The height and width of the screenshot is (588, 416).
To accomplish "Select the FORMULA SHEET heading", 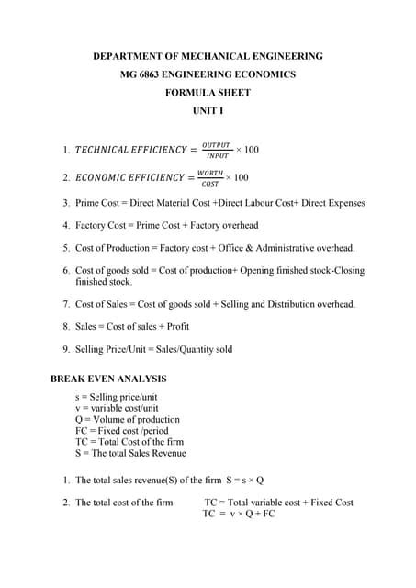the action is [208, 93].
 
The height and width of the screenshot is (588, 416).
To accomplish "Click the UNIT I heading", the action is [208, 110].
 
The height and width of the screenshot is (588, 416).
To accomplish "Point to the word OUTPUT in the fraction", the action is [217, 143].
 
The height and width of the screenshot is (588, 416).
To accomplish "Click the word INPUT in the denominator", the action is [217, 156].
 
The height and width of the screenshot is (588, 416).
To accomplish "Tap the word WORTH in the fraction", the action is [210, 172].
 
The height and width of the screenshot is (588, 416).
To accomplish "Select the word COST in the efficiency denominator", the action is [210, 184].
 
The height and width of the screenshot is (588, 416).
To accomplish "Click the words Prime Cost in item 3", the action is [97, 203].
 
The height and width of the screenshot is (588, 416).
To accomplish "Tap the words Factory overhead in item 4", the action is [223, 225].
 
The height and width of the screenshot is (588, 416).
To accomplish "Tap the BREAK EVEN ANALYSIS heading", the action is [108, 379].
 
